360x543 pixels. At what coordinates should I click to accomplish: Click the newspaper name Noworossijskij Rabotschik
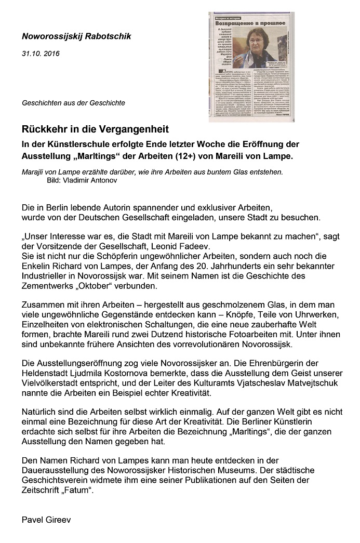76,36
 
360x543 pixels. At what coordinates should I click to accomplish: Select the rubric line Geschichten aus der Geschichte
73,103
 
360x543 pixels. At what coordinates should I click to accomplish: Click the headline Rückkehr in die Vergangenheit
95,128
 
